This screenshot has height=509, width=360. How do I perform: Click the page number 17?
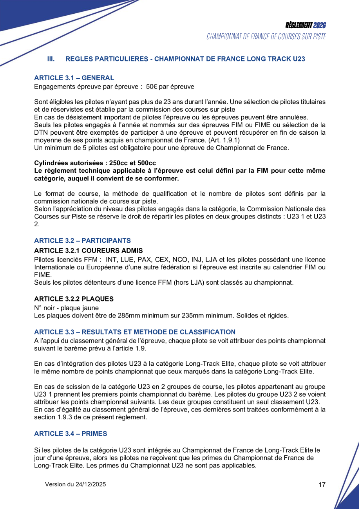tap(322, 485)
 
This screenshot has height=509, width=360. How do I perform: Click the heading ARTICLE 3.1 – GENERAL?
tap(74, 78)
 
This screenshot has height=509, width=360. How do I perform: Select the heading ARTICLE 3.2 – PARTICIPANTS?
tap(82, 240)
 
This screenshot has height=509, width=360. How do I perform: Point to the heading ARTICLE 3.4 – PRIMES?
tap(71, 434)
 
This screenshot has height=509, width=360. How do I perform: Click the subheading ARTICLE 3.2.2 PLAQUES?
tap(74, 299)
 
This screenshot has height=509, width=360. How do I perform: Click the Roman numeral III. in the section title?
tap(51, 59)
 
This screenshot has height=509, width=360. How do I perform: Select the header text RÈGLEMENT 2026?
tap(306, 25)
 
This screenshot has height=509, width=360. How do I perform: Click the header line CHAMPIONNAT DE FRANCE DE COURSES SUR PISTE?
tap(266, 36)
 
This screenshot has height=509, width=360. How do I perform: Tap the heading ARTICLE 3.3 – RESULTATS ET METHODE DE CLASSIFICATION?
tap(135, 332)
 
